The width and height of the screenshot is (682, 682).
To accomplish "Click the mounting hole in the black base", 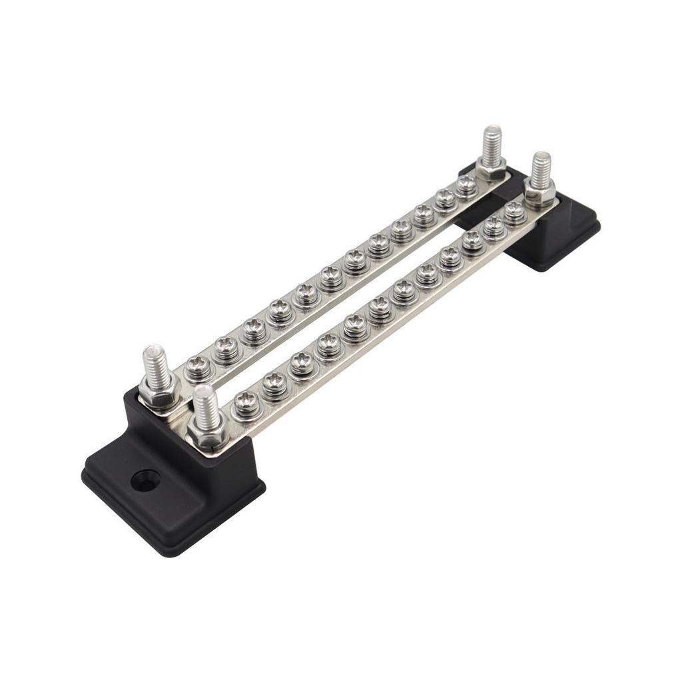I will tap(145, 480).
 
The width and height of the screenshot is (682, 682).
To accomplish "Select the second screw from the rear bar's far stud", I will tap(445, 198).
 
